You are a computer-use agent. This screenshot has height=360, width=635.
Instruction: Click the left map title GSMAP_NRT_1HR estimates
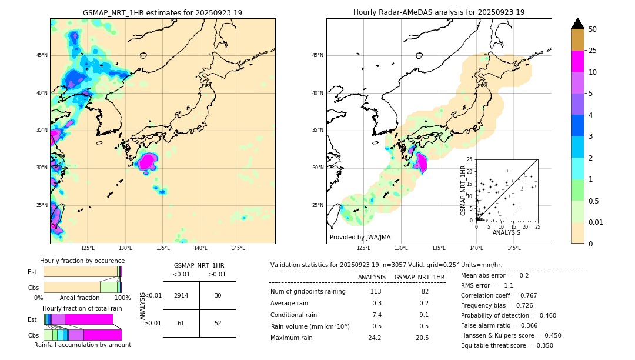click(x=162, y=12)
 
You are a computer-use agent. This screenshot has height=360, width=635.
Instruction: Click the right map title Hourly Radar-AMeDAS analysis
click(x=439, y=12)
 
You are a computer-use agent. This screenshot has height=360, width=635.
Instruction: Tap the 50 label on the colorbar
click(x=593, y=29)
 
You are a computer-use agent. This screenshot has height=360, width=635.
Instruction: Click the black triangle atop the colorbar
click(x=578, y=24)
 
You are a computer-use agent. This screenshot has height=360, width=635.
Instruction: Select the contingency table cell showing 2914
click(x=181, y=295)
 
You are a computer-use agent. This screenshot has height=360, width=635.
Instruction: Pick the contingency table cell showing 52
click(x=218, y=323)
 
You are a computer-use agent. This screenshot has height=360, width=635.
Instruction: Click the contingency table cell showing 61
click(x=181, y=323)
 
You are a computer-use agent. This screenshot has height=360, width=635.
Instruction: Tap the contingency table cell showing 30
click(x=218, y=295)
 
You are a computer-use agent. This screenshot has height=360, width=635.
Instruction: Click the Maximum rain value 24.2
click(x=375, y=338)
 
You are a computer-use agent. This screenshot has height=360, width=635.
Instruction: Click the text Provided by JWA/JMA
click(x=360, y=237)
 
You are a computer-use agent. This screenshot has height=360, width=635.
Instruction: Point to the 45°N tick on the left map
click(x=41, y=55)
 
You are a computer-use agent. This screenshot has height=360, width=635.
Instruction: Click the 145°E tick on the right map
click(x=514, y=248)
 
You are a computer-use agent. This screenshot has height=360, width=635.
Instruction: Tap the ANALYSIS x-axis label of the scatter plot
click(x=506, y=232)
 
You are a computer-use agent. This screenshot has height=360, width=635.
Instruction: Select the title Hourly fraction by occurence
click(x=82, y=261)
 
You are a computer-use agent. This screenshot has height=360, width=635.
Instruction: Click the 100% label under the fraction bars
click(x=122, y=298)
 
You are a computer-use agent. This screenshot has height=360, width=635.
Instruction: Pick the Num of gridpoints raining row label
click(x=308, y=291)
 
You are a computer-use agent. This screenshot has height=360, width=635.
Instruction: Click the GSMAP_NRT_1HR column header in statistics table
click(x=419, y=277)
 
